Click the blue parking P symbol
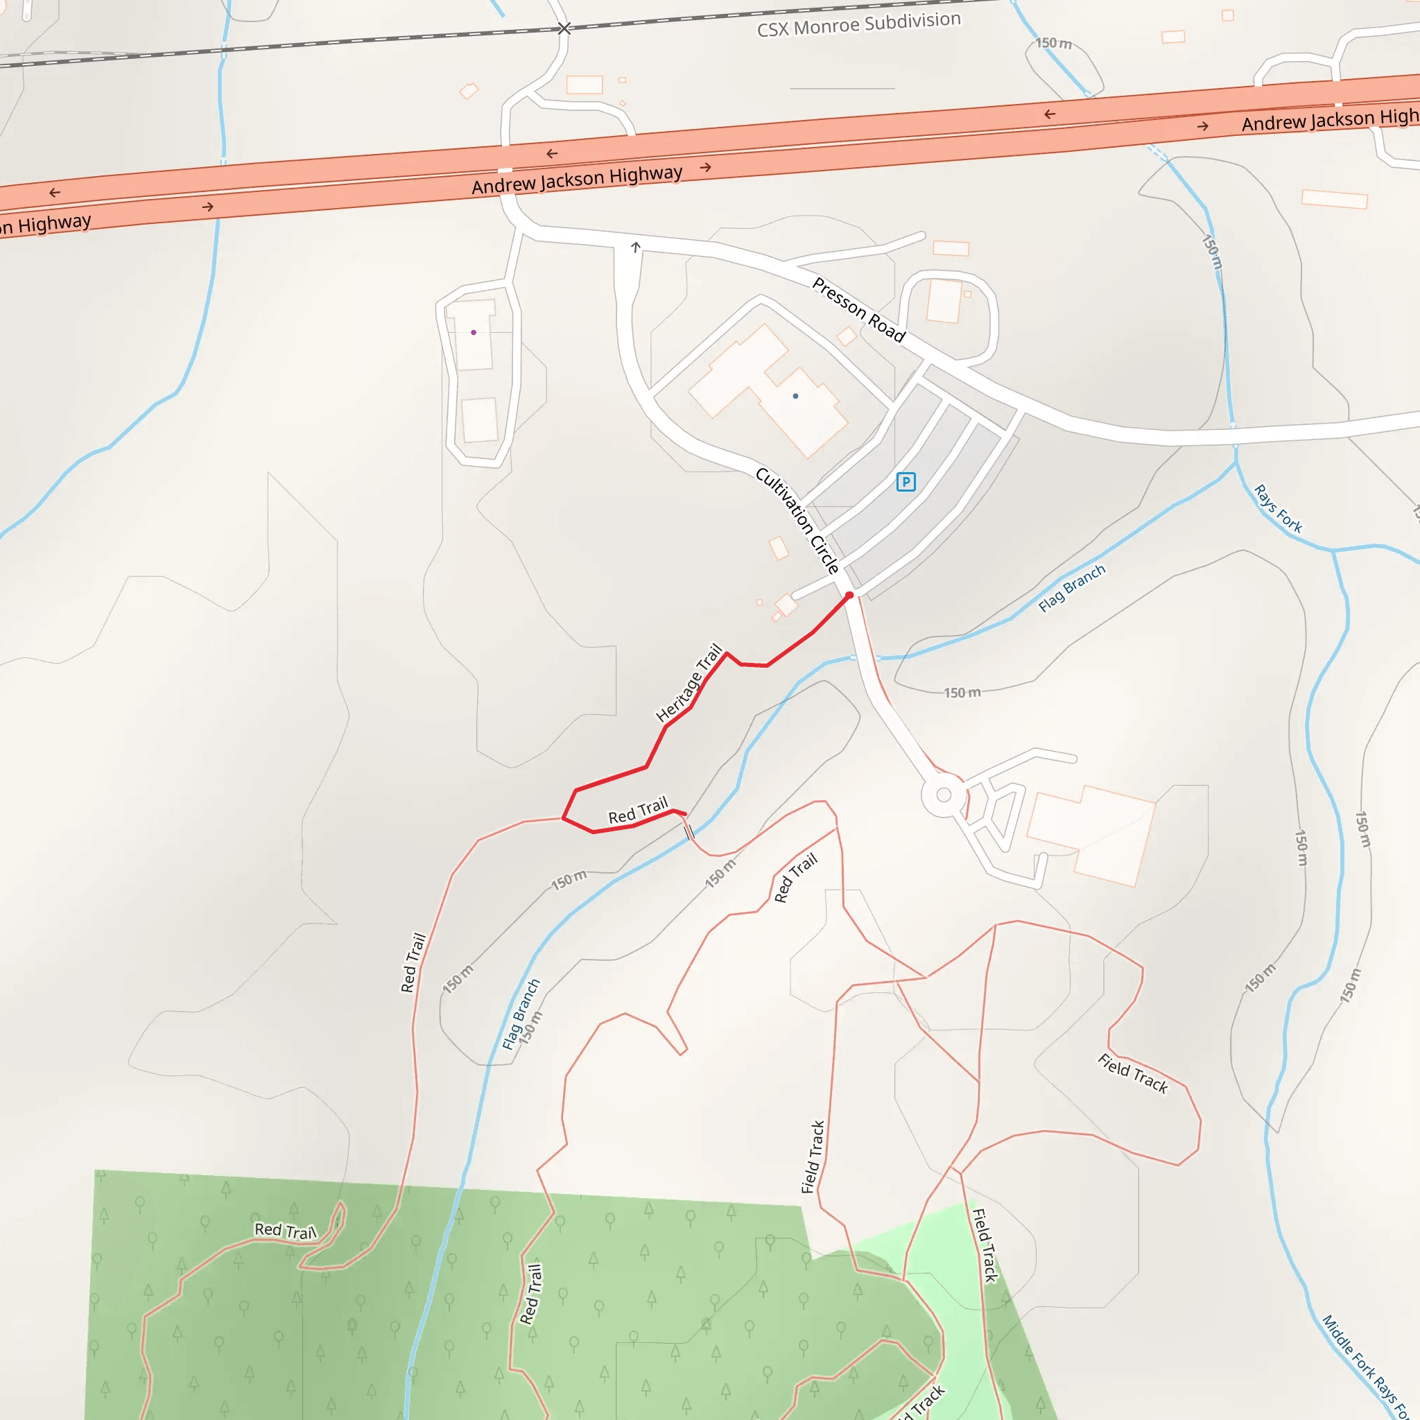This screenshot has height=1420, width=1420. click(x=906, y=482)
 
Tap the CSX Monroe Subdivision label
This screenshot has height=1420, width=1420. click(x=858, y=24)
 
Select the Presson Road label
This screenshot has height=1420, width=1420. click(x=858, y=309)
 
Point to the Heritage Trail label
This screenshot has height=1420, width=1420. click(x=689, y=683)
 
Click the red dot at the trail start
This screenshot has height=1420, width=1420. click(x=849, y=596)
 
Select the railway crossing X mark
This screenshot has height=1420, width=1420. click(x=564, y=28)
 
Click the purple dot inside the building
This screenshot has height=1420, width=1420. click(x=474, y=332)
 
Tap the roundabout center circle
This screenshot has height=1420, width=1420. click(x=944, y=795)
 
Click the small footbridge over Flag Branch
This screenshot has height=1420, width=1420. click(x=689, y=831)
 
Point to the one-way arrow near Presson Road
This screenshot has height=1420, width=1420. click(x=636, y=247)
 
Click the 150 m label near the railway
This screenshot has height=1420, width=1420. click(x=1053, y=44)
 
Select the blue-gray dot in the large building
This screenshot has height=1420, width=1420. click(x=795, y=396)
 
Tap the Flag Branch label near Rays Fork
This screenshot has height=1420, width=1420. click(x=1072, y=588)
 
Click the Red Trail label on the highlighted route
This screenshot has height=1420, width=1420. click(x=638, y=810)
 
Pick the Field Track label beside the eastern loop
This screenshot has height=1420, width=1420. click(x=1133, y=1073)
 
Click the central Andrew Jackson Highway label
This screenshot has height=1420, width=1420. click(x=577, y=180)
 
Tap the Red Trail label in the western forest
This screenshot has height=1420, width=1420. click(x=285, y=1231)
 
